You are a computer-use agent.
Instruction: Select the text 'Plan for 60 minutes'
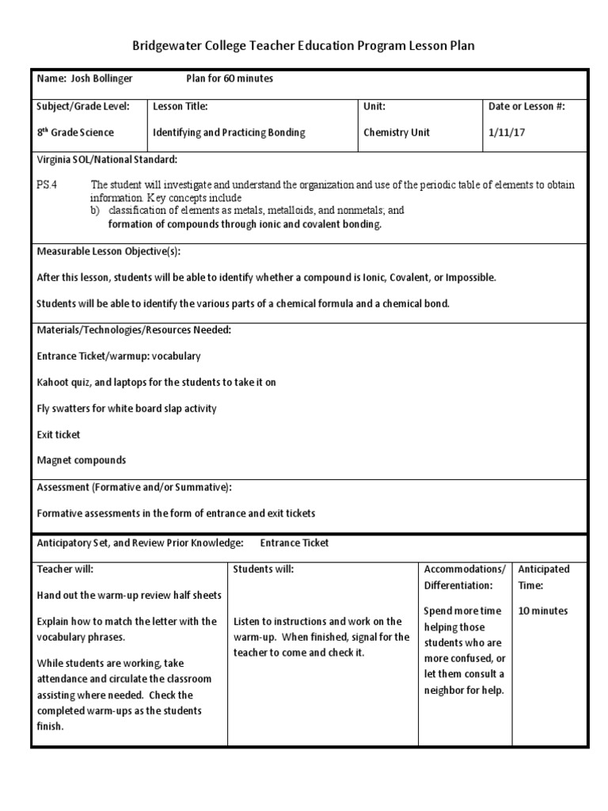230,79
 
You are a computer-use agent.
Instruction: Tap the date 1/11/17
507,132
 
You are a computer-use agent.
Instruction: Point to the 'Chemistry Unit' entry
397,132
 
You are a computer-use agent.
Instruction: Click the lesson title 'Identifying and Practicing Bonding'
229,132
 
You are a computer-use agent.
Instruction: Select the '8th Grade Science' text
76,132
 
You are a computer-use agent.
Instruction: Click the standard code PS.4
47,185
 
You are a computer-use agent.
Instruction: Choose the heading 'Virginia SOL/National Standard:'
107,159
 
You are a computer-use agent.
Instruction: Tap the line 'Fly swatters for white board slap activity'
127,409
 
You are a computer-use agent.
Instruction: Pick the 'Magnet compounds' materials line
82,460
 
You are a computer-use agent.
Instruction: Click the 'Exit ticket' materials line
59,435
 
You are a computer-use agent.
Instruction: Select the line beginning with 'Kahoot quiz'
156,383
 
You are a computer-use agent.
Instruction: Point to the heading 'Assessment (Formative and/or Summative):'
135,486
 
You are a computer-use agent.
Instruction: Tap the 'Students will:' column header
263,569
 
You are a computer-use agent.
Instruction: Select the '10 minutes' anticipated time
542,611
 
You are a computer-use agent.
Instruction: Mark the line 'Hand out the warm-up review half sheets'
129,596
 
